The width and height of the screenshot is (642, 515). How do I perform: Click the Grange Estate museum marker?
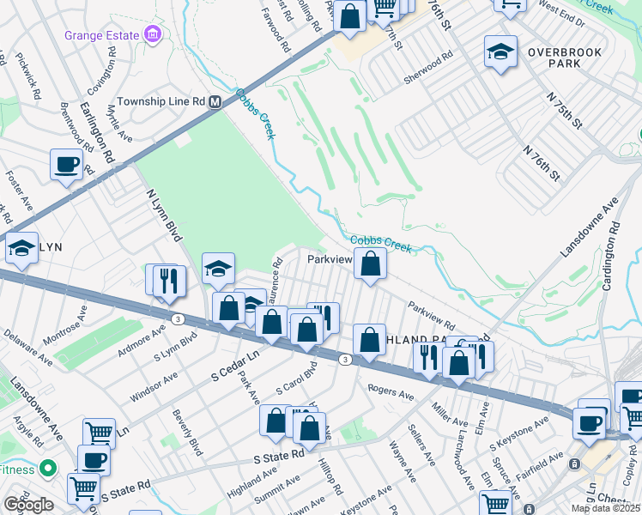[x=153, y=35]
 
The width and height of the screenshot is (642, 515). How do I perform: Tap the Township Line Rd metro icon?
[x=215, y=101]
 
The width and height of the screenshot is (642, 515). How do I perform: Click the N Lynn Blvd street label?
[x=166, y=215]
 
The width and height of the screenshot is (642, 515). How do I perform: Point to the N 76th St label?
[x=541, y=162]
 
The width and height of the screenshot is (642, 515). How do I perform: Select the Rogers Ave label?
[x=391, y=392]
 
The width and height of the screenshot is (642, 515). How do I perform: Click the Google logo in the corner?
[x=29, y=505]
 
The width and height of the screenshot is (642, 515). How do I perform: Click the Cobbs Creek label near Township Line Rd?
[x=257, y=113]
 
